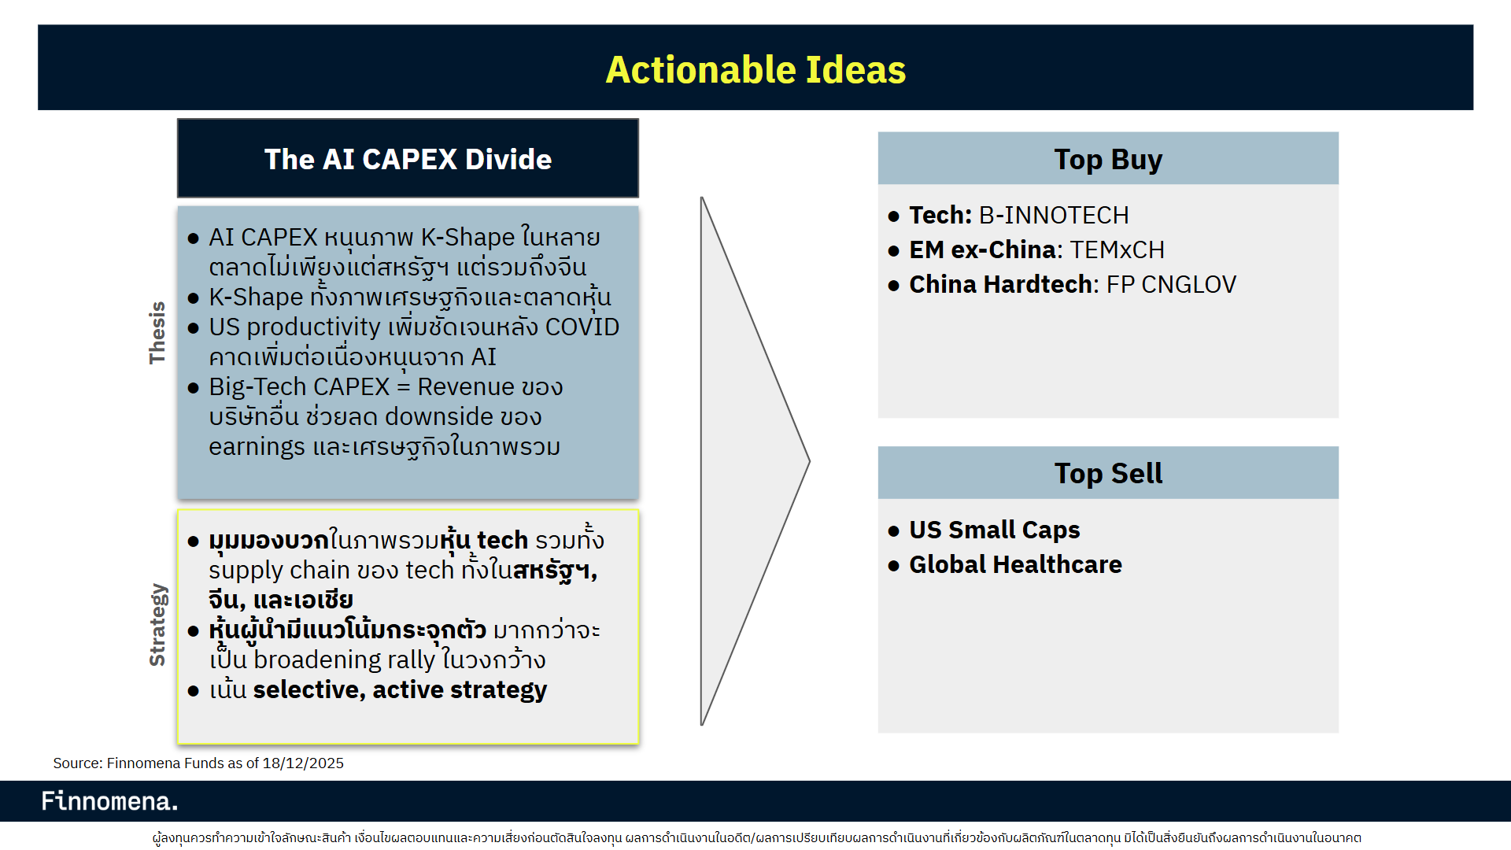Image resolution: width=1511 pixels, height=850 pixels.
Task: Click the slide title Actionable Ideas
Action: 755,69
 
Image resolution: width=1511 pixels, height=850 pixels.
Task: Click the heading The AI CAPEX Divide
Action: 408,159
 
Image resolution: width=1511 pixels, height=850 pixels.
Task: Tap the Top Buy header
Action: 1108,159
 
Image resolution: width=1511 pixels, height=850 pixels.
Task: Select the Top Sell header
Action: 1108,473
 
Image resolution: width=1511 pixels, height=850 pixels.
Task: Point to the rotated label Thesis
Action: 157,332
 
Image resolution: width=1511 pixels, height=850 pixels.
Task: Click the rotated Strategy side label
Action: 157,625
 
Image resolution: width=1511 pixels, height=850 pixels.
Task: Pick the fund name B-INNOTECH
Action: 1054,215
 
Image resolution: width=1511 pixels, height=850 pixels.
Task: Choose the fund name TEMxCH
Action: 1118,249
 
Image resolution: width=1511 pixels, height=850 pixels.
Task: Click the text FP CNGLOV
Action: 1171,284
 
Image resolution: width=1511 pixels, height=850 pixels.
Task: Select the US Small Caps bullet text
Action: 995,530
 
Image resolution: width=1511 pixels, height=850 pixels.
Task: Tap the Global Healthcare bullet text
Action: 1015,564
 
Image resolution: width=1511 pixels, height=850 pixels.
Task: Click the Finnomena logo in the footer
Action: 109,801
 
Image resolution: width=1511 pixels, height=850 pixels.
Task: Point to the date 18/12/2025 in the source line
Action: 303,763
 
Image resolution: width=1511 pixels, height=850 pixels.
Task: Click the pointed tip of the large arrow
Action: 809,461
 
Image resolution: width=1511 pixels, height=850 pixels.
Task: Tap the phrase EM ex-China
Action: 982,249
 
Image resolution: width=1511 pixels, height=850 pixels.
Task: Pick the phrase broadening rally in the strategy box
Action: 344,660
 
